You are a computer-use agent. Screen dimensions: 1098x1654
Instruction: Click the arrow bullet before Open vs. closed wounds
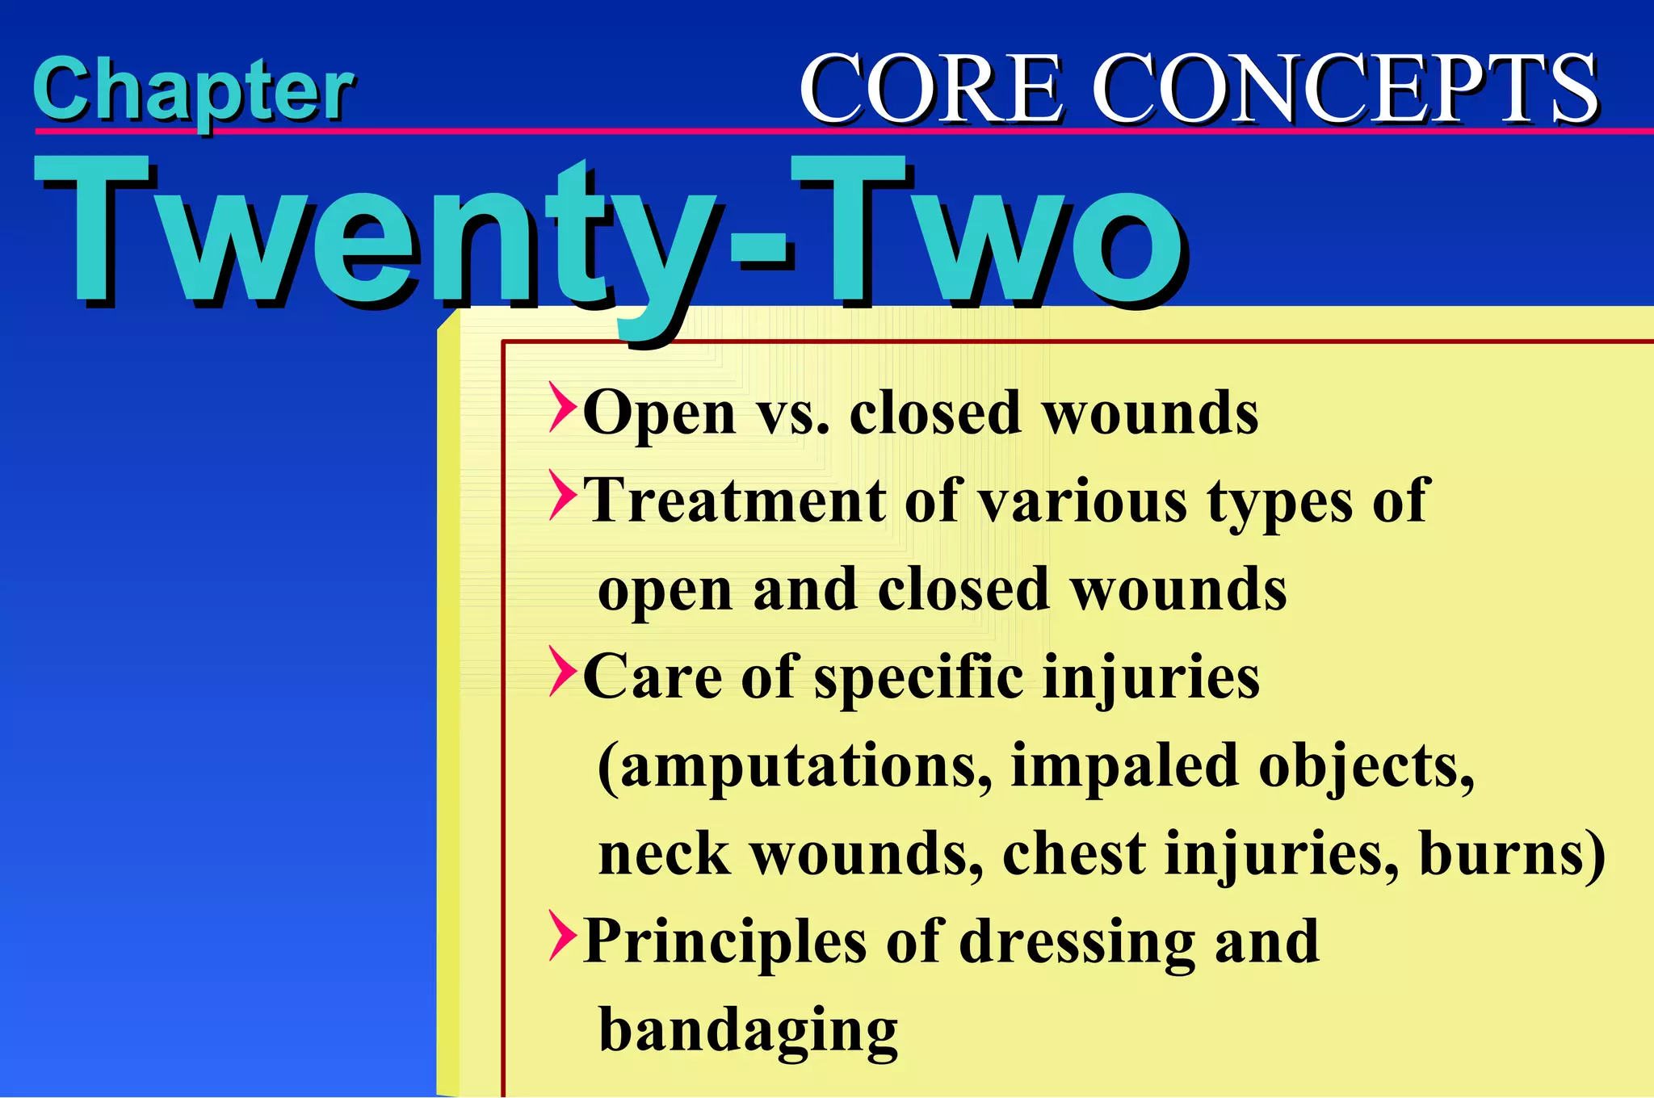[563, 408]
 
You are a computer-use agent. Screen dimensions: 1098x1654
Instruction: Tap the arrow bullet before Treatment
[563, 495]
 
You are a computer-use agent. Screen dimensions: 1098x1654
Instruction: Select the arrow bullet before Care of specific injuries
[563, 671]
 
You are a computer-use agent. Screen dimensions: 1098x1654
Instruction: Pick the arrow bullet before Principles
[563, 936]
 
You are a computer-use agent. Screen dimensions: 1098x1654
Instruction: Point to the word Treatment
[734, 501]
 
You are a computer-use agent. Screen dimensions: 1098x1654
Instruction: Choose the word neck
[664, 854]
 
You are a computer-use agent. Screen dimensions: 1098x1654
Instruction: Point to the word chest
[1073, 854]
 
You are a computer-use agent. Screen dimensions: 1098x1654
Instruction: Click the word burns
[1511, 854]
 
